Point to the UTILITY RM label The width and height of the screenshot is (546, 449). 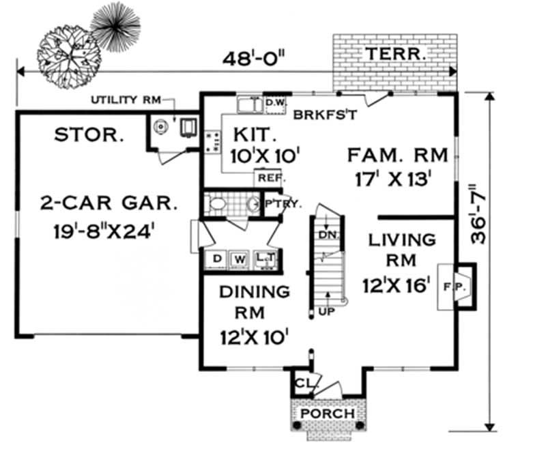125,100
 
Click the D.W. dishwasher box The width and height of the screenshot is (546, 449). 274,104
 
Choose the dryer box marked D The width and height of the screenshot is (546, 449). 218,259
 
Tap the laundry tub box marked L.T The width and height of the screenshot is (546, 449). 265,259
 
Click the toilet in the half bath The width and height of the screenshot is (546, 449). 217,203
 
